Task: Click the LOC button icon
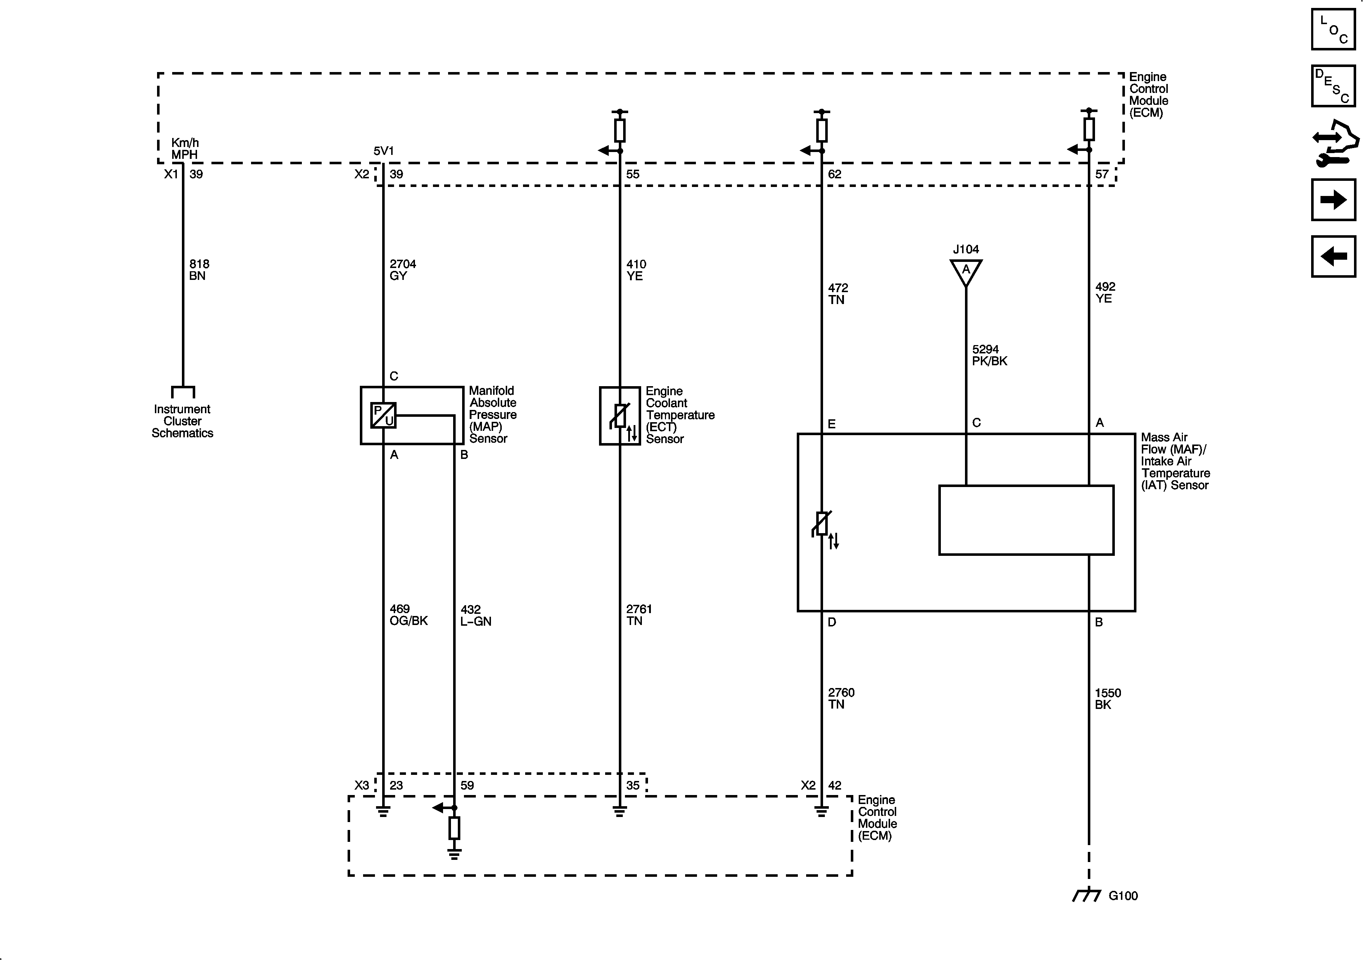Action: pyautogui.click(x=1333, y=29)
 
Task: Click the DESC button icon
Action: pyautogui.click(x=1333, y=86)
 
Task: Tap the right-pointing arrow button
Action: pyautogui.click(x=1333, y=200)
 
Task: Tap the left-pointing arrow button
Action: pyautogui.click(x=1333, y=256)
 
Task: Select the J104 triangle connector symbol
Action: pyautogui.click(x=966, y=271)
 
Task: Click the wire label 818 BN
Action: pyautogui.click(x=199, y=269)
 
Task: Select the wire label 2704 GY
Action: pyautogui.click(x=402, y=269)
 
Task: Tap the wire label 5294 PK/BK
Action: pyautogui.click(x=989, y=355)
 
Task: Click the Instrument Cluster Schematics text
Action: pyautogui.click(x=182, y=421)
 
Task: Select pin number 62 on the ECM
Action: pyautogui.click(x=835, y=174)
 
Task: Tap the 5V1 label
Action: pyautogui.click(x=384, y=151)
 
